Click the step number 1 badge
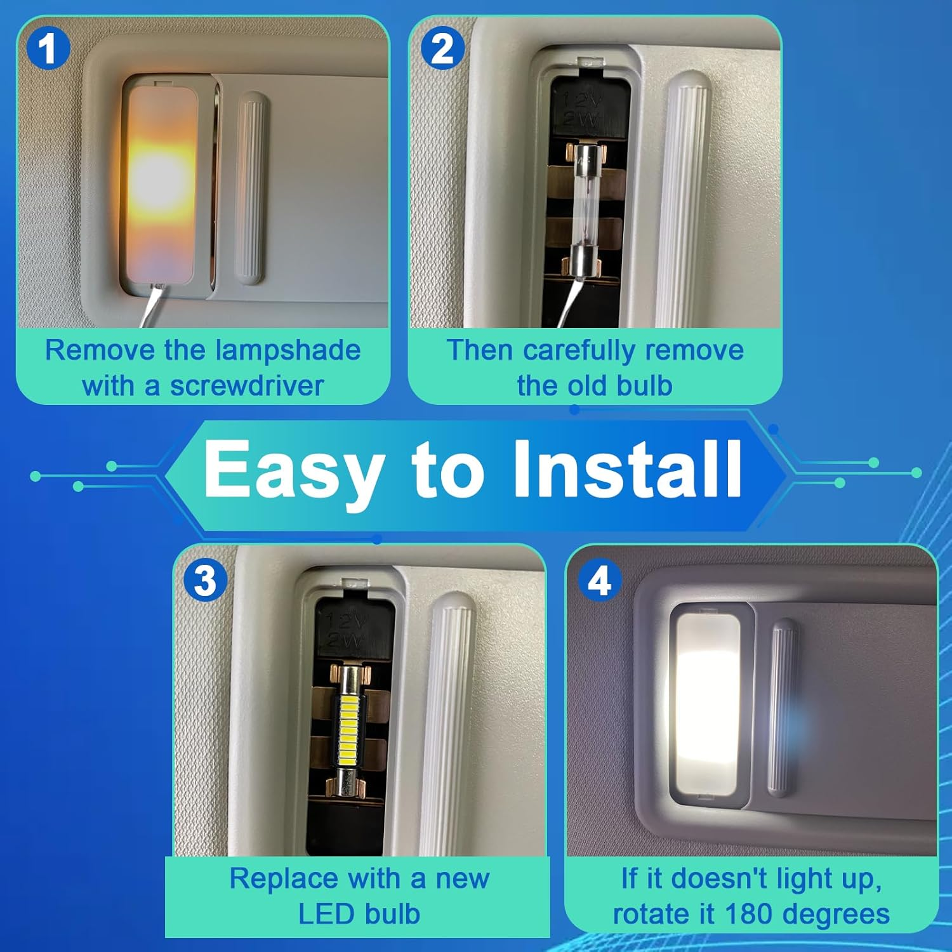[48, 50]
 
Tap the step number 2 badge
[442, 50]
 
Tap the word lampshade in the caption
[288, 350]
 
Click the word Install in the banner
[627, 470]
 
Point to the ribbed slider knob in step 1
[251, 188]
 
